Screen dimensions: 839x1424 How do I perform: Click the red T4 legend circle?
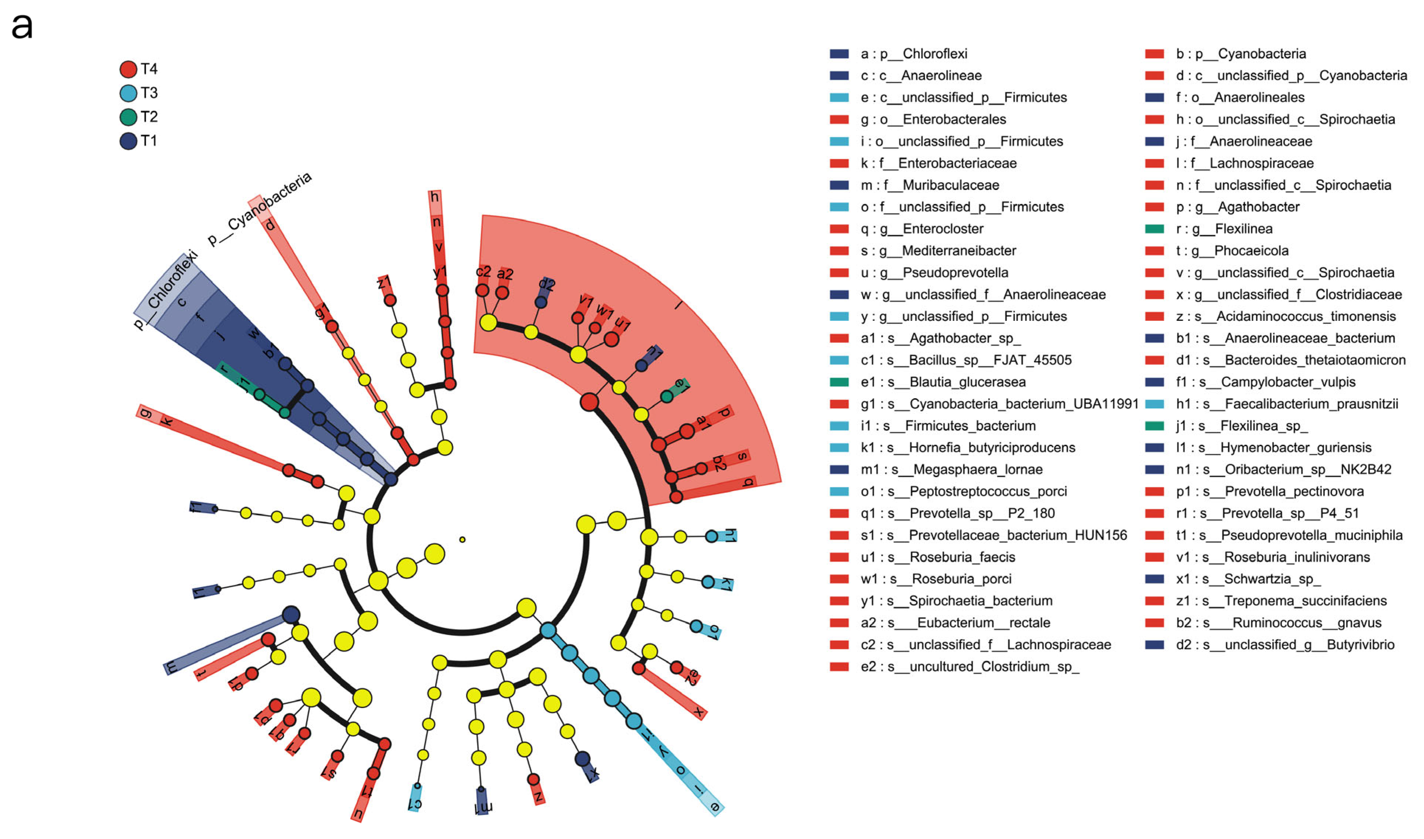[128, 69]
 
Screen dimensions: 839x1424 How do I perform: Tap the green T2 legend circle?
[128, 117]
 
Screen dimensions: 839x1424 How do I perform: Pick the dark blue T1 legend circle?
[128, 141]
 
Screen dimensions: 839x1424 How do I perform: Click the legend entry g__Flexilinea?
[1243, 229]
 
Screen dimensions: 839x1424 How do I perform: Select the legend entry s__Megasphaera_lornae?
[977, 469]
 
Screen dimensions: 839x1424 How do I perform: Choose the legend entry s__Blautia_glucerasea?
[968, 382]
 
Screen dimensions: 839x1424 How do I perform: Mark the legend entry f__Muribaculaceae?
[951, 185]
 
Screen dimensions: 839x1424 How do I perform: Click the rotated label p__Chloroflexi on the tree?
[165, 290]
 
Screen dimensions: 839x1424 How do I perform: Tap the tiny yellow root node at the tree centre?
[462, 539]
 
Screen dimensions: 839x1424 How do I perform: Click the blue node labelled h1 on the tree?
[711, 536]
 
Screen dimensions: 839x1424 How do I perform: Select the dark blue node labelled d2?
[541, 302]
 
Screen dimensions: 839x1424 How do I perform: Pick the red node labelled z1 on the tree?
[390, 300]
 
